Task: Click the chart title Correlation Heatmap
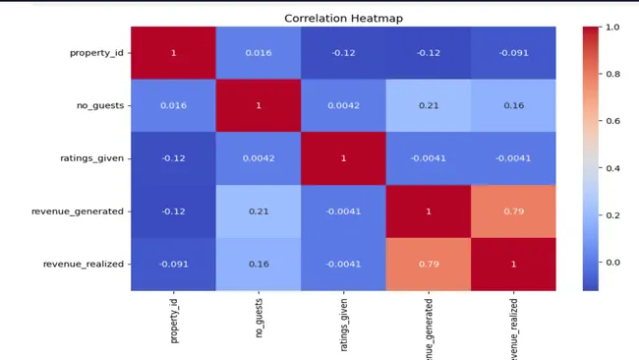[343, 18]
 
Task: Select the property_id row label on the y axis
[96, 52]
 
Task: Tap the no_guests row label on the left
[101, 105]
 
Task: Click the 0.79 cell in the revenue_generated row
[513, 211]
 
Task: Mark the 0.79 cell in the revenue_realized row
[429, 265]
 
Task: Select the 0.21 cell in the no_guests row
[429, 105]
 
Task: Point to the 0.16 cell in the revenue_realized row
[259, 265]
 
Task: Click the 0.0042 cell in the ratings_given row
[259, 158]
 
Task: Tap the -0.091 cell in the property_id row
[513, 52]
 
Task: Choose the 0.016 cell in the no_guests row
[173, 105]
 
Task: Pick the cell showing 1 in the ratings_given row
[343, 158]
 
